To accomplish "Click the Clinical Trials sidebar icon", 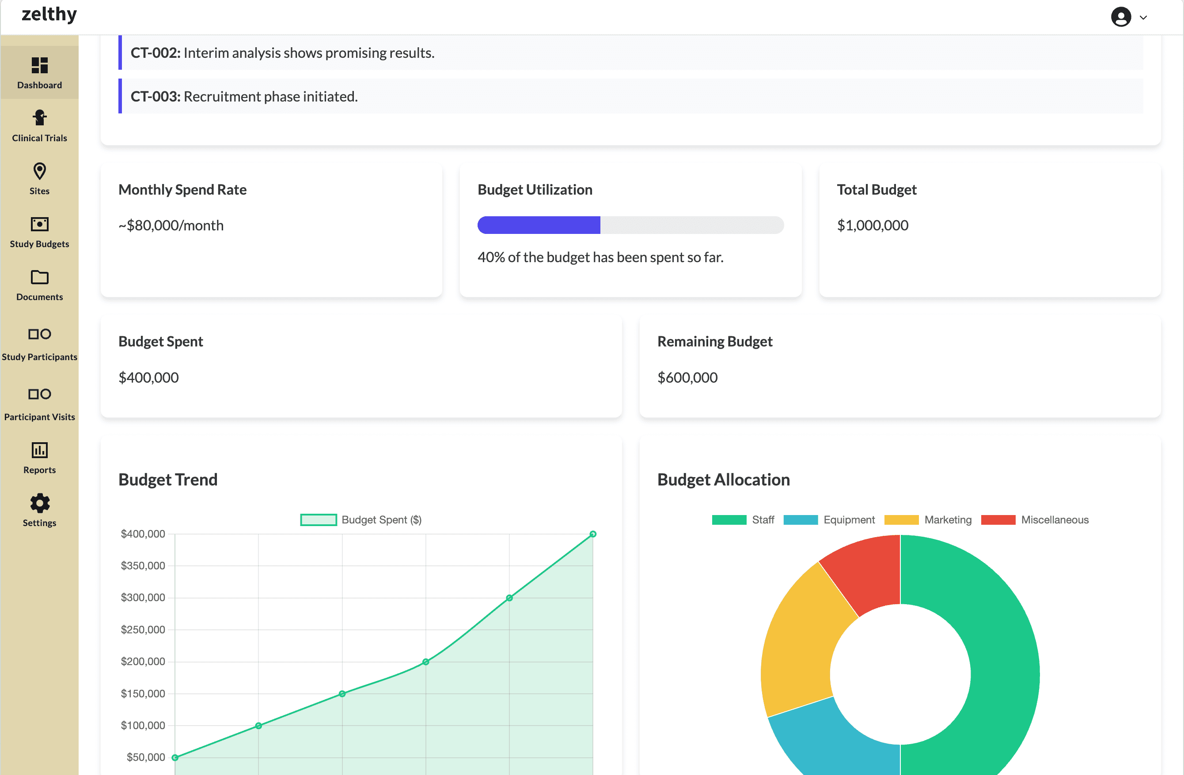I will pyautogui.click(x=39, y=118).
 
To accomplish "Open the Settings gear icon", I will pyautogui.click(x=39, y=503).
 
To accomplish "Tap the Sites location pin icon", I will pyautogui.click(x=39, y=171).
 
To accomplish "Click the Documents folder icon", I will pyautogui.click(x=39, y=277).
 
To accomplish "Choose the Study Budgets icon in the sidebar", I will pyautogui.click(x=39, y=224).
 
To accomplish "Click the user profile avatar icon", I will pyautogui.click(x=1121, y=17).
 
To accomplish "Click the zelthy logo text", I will pyautogui.click(x=49, y=14).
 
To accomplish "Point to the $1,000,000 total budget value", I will pyautogui.click(x=873, y=226).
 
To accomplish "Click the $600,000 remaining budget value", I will pyautogui.click(x=687, y=378).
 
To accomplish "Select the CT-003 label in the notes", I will pyautogui.click(x=155, y=97).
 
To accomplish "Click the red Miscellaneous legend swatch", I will pyautogui.click(x=998, y=520).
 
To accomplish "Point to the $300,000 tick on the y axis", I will pyautogui.click(x=143, y=598).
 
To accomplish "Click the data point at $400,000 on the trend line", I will pyautogui.click(x=593, y=534).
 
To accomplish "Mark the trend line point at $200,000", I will pyautogui.click(x=426, y=662).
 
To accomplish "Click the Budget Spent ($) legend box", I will pyautogui.click(x=319, y=520).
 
